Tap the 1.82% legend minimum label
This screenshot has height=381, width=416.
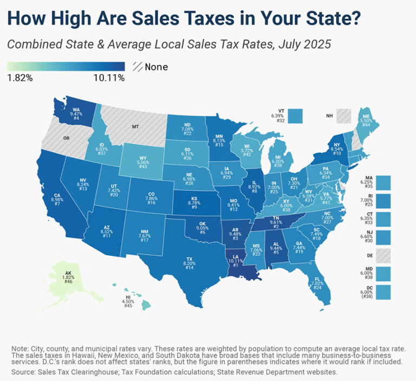(19, 78)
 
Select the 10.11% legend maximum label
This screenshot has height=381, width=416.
(109, 78)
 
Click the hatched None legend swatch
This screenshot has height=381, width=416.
(138, 67)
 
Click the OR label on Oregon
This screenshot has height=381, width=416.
(66, 138)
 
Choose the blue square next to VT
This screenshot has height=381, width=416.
(295, 116)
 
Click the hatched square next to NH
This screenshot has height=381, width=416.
(343, 116)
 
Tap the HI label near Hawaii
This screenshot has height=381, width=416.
(128, 298)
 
